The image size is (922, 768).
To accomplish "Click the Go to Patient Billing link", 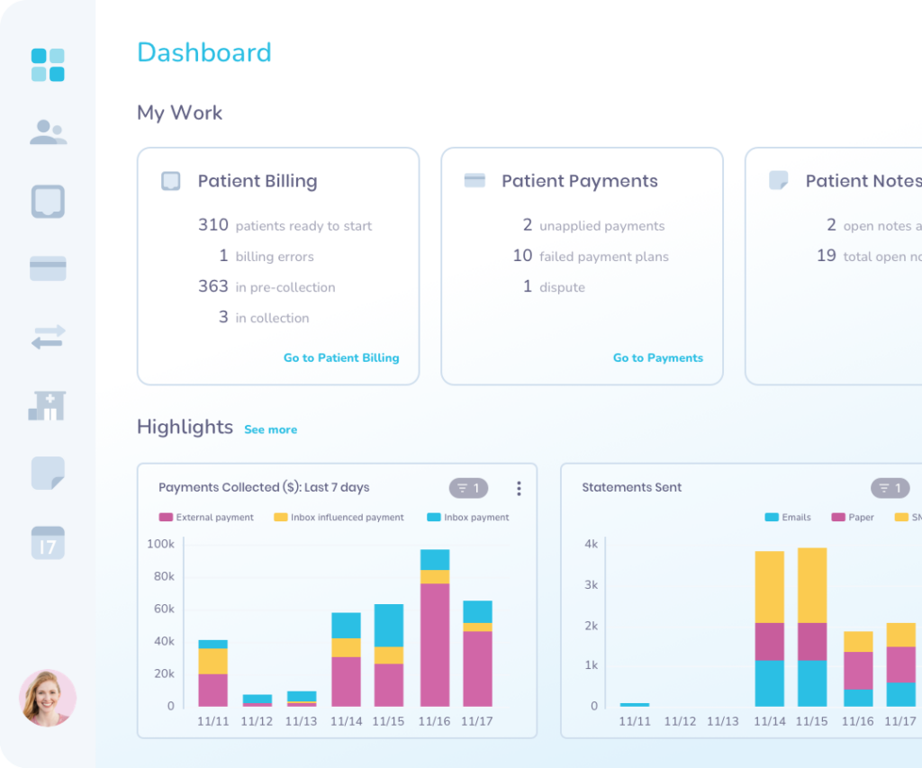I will (x=340, y=357).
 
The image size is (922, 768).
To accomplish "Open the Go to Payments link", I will (x=657, y=357).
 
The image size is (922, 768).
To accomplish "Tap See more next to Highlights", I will (x=270, y=429).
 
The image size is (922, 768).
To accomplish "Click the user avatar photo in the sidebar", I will (x=48, y=698).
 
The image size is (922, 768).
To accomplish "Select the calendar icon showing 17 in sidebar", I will (x=48, y=543).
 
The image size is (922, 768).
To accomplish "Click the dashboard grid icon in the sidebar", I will (x=48, y=65).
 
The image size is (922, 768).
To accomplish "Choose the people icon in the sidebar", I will (x=48, y=132).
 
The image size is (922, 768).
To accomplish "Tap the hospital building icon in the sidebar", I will (x=48, y=405).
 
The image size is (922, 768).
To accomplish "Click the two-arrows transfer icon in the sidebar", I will (x=48, y=338).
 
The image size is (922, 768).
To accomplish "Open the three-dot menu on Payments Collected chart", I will (x=519, y=488).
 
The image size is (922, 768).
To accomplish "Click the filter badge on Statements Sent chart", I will (x=890, y=488).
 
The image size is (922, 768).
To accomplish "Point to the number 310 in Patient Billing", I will (x=213, y=225).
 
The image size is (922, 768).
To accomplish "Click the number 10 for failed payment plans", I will (x=522, y=256).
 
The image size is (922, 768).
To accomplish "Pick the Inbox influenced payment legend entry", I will (x=339, y=518).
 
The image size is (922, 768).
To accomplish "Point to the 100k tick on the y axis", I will (x=160, y=544).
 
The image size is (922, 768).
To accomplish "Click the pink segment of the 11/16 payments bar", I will (x=435, y=644).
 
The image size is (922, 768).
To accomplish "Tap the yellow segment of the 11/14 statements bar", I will (x=769, y=587).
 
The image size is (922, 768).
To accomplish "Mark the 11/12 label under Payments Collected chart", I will (x=257, y=721).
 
